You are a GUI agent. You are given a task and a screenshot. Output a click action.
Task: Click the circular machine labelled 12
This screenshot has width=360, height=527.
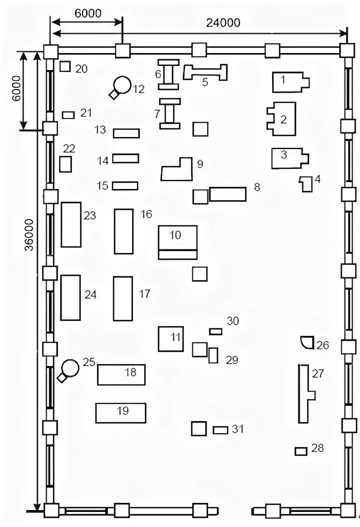(x=123, y=85)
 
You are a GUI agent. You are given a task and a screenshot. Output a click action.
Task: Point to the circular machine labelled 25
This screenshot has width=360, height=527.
(x=70, y=368)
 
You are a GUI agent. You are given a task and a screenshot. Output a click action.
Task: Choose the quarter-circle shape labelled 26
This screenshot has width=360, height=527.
(x=307, y=342)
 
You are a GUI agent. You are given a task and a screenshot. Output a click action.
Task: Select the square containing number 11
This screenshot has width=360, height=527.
(x=171, y=338)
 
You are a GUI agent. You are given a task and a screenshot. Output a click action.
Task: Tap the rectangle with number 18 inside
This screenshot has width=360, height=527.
(x=121, y=374)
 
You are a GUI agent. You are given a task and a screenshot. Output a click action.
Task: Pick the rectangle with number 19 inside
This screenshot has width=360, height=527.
(x=121, y=412)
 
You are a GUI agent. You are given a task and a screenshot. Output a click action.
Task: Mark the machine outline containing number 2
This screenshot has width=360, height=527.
(x=282, y=118)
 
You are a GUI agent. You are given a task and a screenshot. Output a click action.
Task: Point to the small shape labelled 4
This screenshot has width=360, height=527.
(x=306, y=184)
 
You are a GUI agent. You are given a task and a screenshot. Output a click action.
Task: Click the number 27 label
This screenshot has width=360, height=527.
(x=318, y=374)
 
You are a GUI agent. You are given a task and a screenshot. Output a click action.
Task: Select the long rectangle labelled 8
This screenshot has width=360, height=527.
(x=227, y=193)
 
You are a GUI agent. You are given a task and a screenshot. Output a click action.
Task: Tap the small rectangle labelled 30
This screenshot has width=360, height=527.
(x=215, y=332)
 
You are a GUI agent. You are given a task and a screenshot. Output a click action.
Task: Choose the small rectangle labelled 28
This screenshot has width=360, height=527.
(x=301, y=451)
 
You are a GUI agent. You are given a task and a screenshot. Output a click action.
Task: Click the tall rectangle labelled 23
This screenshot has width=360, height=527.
(x=71, y=224)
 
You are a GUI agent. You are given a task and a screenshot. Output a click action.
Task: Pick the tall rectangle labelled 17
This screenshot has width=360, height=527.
(x=123, y=298)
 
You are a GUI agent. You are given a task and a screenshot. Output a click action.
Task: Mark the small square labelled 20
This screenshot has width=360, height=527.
(x=65, y=66)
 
